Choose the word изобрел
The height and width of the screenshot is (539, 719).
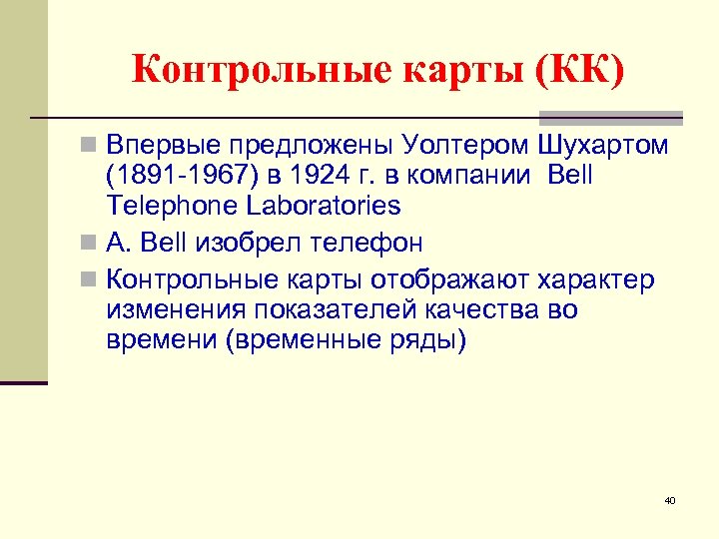257,243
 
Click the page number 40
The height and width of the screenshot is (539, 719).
670,500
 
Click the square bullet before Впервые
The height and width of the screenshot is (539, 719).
89,146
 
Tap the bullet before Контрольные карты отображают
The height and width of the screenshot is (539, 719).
89,279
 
